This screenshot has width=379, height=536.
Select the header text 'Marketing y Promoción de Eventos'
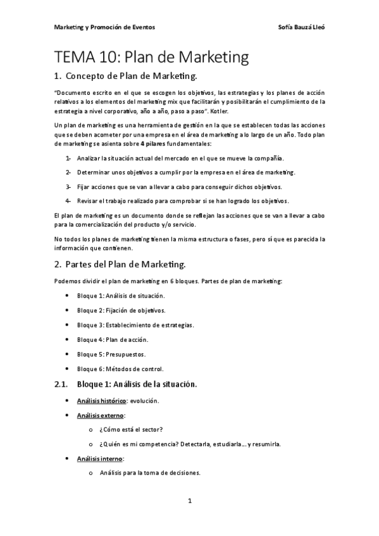click(x=104, y=28)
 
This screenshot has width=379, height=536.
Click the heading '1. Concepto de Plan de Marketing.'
click(x=127, y=77)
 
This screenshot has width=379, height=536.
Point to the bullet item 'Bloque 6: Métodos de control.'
click(x=120, y=368)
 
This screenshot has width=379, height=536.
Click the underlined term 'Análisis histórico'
click(x=102, y=401)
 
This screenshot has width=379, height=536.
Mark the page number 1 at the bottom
click(x=189, y=501)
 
